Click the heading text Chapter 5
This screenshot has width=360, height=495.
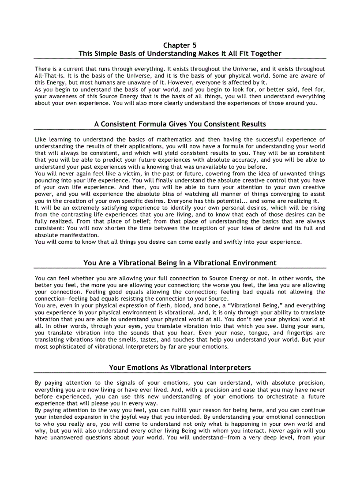click(x=180, y=45)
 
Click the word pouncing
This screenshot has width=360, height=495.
click(x=47, y=180)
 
